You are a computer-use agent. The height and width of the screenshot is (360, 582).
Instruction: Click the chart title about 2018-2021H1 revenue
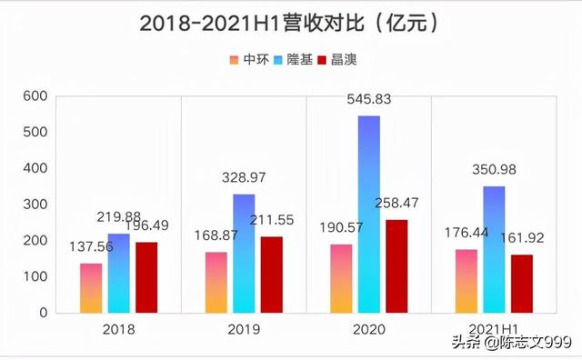[291, 24]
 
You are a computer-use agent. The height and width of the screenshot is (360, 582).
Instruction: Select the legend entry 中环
[248, 60]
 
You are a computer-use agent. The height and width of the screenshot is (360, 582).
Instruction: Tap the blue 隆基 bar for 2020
[368, 215]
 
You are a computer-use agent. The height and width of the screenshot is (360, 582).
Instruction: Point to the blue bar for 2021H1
[494, 249]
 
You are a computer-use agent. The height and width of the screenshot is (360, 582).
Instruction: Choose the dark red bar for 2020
[396, 266]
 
